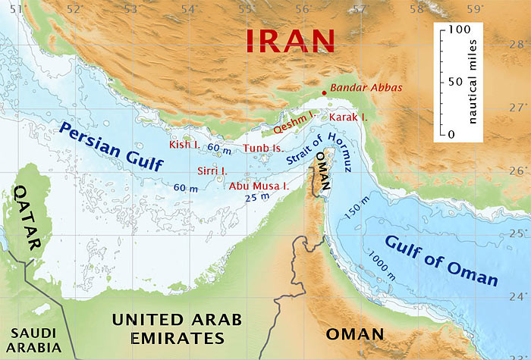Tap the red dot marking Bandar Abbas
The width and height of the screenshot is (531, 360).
click(x=325, y=92)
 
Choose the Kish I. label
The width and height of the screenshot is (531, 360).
click(x=185, y=144)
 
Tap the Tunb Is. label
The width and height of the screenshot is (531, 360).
click(x=262, y=148)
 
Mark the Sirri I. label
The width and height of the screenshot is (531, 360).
click(x=212, y=171)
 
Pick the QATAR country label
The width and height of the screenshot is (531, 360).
click(x=27, y=217)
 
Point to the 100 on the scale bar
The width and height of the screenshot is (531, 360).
click(x=461, y=29)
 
